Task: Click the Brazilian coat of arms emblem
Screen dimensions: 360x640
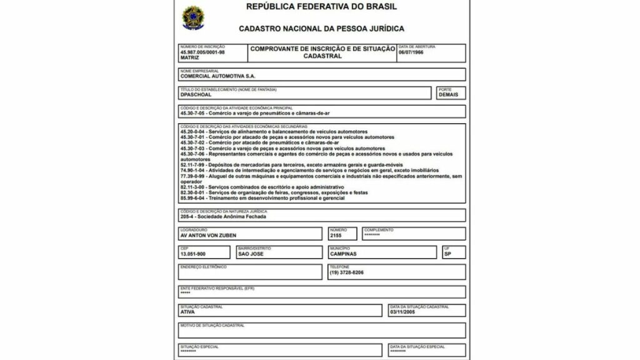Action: coord(191,17)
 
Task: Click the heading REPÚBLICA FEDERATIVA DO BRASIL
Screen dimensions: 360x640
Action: coord(321,7)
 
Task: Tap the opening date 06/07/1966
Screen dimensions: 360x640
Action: coord(411,52)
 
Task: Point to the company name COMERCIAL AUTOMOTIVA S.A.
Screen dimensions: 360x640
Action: coord(217,76)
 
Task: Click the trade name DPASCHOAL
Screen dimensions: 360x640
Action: coord(196,95)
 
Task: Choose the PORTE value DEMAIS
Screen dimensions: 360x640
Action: coord(448,95)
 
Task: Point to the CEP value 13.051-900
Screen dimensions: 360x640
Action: coord(192,254)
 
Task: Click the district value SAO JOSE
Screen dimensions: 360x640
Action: coord(251,254)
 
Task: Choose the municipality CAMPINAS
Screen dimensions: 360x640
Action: coord(342,254)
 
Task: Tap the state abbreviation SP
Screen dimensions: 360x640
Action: coord(447,254)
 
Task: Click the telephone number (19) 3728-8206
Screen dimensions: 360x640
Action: coord(346,273)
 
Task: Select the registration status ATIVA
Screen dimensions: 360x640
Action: coord(187,311)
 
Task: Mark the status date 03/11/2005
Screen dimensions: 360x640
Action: coord(402,311)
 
